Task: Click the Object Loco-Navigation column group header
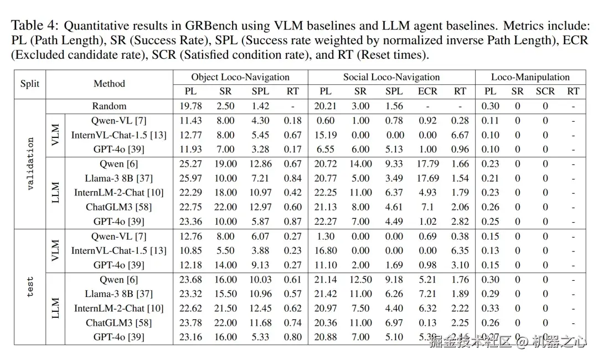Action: (240, 77)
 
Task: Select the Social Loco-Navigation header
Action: (391, 77)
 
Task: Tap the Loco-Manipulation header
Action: (530, 77)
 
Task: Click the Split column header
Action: (30, 84)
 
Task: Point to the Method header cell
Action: (109, 84)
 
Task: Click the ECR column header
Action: (427, 91)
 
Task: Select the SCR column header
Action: (545, 91)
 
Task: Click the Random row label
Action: (109, 106)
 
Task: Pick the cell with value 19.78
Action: (190, 106)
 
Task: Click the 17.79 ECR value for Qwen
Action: (427, 164)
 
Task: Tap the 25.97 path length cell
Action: (190, 178)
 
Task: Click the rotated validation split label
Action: (30, 164)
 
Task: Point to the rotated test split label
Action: (30, 287)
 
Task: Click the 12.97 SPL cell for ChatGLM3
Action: (261, 207)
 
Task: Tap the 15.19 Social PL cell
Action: (326, 135)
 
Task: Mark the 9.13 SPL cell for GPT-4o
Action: (261, 265)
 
